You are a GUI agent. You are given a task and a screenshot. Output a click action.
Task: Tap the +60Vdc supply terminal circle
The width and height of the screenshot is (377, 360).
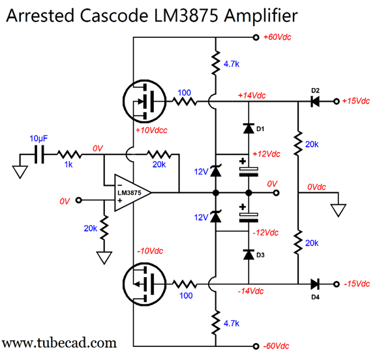(256, 37)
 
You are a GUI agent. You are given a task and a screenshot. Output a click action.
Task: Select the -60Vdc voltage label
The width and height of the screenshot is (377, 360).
(276, 346)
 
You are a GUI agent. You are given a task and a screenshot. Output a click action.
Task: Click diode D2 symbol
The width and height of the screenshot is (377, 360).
(315, 101)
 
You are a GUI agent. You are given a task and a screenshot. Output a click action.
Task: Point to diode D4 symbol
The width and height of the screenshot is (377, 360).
(315, 284)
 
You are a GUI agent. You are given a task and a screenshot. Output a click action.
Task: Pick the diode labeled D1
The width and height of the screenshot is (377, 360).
(249, 128)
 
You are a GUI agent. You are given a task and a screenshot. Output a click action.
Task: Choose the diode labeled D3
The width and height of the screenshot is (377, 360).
(249, 254)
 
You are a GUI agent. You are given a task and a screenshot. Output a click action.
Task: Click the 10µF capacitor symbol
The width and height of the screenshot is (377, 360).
(39, 155)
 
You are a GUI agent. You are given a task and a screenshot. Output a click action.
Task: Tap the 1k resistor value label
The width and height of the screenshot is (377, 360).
(68, 164)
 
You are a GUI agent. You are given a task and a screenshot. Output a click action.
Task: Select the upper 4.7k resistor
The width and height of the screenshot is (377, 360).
(216, 63)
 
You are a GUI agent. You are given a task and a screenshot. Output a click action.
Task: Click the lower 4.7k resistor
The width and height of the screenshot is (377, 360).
(216, 322)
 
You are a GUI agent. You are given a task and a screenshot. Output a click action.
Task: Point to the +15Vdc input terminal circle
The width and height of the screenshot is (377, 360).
(337, 101)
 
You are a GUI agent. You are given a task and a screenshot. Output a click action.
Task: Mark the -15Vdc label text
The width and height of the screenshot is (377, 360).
(357, 284)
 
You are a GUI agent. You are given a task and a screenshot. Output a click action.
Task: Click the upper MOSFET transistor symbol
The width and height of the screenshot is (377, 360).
(145, 101)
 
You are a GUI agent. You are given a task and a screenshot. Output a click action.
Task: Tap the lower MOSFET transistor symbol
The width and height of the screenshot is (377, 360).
(145, 284)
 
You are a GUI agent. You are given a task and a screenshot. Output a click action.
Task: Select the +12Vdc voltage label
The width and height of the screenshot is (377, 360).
(266, 154)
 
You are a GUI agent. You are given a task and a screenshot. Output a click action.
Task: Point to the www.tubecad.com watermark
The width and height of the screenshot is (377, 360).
(59, 342)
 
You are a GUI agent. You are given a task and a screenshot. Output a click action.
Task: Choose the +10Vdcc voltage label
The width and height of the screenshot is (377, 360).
(151, 130)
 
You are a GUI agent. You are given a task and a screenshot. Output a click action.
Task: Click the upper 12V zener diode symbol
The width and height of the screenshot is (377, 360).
(216, 171)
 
